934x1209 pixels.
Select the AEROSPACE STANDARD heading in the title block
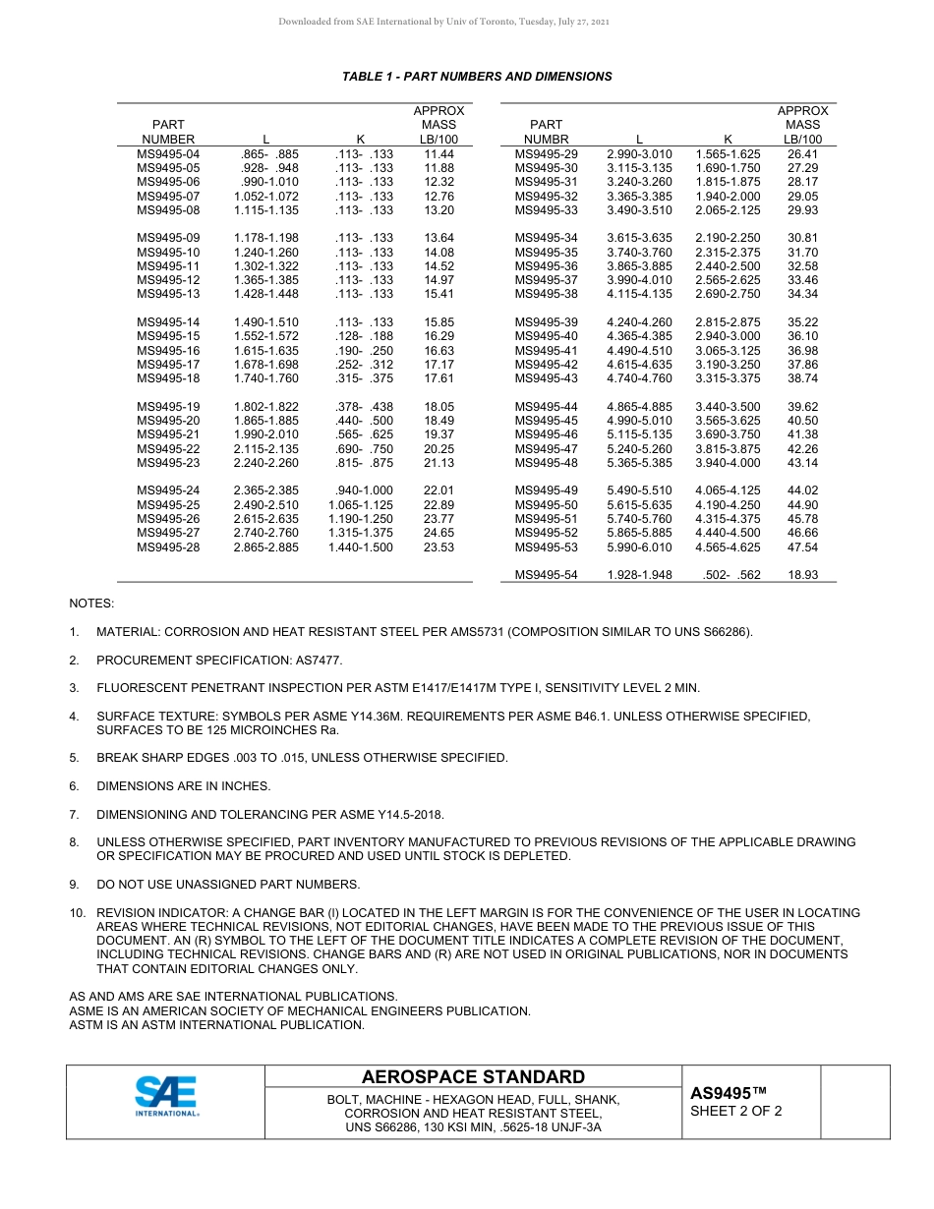[473, 1077]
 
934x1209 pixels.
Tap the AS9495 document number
[728, 1093]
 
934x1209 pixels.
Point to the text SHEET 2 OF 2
[736, 1112]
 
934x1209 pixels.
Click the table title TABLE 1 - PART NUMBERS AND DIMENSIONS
[477, 77]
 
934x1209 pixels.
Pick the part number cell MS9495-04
[168, 154]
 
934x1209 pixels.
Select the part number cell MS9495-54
[547, 575]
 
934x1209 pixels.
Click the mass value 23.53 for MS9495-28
[438, 547]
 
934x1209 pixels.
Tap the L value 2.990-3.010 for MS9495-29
[639, 154]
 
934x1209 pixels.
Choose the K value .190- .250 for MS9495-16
[364, 351]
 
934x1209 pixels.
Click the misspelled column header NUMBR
[547, 140]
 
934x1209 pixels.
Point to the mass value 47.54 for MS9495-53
[803, 547]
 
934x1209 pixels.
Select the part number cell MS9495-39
[547, 322]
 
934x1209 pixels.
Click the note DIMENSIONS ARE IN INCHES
[183, 786]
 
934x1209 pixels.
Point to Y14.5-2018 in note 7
[409, 815]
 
